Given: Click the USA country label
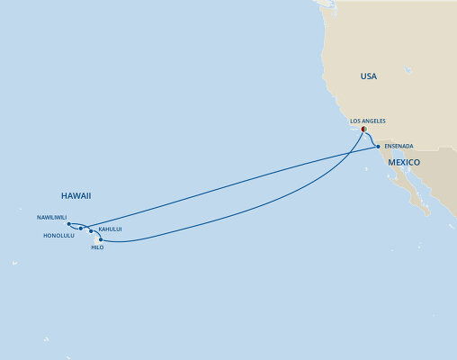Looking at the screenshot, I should pyautogui.click(x=368, y=77).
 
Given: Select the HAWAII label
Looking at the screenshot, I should pyautogui.click(x=77, y=194).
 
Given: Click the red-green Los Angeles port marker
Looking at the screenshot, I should pyautogui.click(x=363, y=128).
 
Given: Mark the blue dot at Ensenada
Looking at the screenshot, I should pyautogui.click(x=378, y=145).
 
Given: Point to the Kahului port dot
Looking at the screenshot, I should pyautogui.click(x=92, y=231).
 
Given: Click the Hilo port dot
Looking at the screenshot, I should pyautogui.click(x=100, y=239).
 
